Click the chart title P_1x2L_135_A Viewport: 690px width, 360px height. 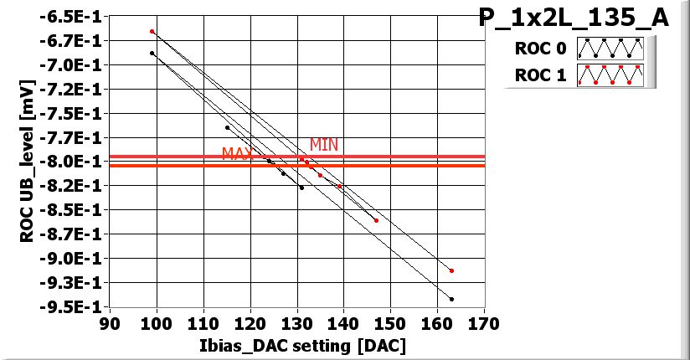click(574, 18)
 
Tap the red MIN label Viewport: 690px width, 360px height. click(324, 145)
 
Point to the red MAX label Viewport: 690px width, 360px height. click(237, 154)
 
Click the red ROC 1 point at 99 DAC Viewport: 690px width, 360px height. click(152, 31)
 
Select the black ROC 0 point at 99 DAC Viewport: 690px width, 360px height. click(152, 53)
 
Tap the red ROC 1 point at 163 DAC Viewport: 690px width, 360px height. click(451, 270)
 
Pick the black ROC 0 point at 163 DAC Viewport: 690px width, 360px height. click(451, 299)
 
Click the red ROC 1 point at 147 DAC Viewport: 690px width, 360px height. click(376, 220)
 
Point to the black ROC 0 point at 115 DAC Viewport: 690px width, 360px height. click(227, 127)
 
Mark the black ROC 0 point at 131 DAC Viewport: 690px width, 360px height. click(301, 188)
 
